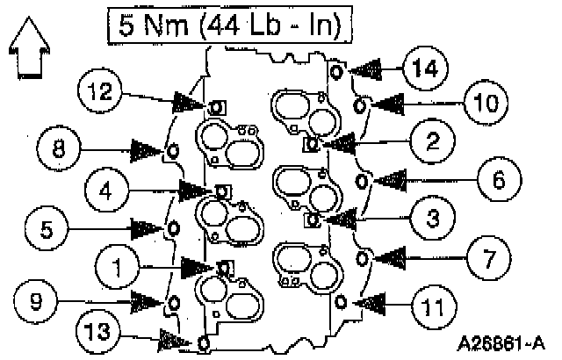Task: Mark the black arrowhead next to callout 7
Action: coord(392,257)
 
